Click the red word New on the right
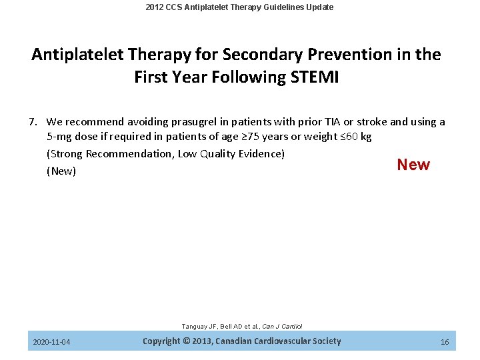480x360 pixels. click(x=413, y=165)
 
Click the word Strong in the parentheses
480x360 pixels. click(x=65, y=154)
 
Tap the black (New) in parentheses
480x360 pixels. click(x=61, y=171)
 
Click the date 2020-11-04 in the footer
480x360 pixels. click(x=51, y=342)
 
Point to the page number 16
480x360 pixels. click(x=445, y=342)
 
